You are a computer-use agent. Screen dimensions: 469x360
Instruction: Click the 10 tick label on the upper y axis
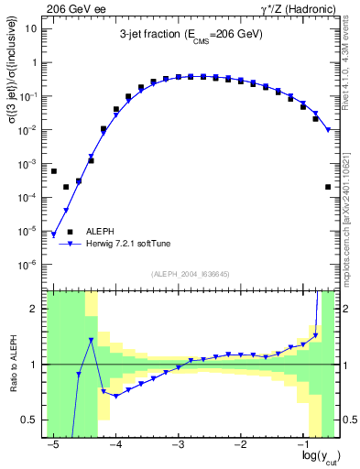[32, 28]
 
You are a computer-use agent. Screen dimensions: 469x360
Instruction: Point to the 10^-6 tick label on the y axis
[29, 265]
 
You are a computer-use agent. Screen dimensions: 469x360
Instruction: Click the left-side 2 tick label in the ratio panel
[35, 309]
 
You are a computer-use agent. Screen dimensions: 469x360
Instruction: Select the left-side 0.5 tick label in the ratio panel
[31, 420]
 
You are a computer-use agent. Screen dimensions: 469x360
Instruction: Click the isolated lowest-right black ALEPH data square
[328, 187]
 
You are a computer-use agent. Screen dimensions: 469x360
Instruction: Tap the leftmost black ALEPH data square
[54, 171]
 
